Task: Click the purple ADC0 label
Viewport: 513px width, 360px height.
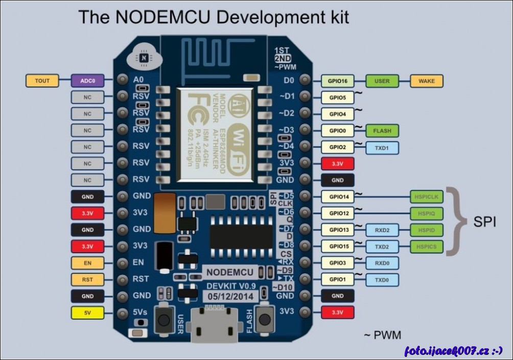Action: (88, 80)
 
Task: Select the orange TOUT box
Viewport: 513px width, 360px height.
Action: (42, 80)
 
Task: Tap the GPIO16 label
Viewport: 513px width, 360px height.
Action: (338, 81)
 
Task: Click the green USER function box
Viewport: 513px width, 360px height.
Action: (382, 81)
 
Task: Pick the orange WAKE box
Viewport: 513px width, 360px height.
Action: (427, 81)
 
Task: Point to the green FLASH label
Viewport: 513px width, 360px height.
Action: (382, 131)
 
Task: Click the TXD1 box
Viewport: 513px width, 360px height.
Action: (382, 148)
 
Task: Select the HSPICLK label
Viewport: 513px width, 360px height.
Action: (427, 197)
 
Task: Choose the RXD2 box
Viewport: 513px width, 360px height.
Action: (382, 230)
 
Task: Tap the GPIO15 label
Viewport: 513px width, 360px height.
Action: (338, 247)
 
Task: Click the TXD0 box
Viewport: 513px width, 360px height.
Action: (382, 280)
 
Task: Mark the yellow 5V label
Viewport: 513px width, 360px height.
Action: (87, 313)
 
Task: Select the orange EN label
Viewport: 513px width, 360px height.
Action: (87, 263)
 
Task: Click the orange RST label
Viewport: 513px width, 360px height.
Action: (87, 280)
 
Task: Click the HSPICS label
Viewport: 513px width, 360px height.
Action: (427, 247)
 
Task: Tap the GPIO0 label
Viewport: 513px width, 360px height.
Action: (338, 131)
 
